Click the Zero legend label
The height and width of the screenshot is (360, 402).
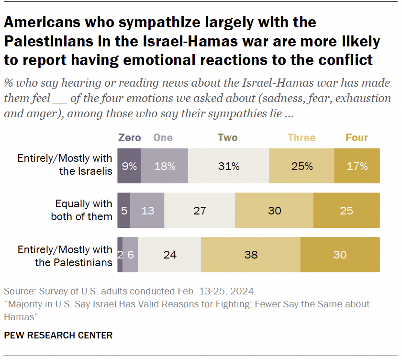tap(129, 138)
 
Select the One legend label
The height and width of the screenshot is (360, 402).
tap(163, 138)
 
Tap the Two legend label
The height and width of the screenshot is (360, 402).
tap(227, 138)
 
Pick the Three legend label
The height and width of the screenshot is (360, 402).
tap(301, 138)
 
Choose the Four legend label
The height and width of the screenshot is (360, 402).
tap(357, 138)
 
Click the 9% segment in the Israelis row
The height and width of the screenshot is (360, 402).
tap(129, 166)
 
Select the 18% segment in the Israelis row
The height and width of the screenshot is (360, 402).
tap(165, 166)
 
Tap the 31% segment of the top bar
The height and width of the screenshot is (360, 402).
tap(229, 166)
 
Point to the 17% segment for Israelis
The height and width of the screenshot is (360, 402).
tap(357, 166)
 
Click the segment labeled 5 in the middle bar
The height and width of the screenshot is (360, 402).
tap(123, 210)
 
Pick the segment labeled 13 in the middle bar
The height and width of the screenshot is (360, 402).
tap(147, 210)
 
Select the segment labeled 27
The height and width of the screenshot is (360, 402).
tap(200, 210)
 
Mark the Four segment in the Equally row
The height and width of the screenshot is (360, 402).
tap(346, 210)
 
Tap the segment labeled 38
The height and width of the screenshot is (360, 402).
tap(251, 255)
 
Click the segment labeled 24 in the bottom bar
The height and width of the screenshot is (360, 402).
tap(170, 255)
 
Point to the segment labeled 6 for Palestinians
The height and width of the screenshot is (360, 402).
tap(131, 255)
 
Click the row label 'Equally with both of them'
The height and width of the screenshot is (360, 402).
tap(82, 210)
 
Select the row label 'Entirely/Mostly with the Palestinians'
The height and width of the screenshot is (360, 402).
tap(65, 256)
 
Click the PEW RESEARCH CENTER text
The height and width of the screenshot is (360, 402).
tap(58, 335)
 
